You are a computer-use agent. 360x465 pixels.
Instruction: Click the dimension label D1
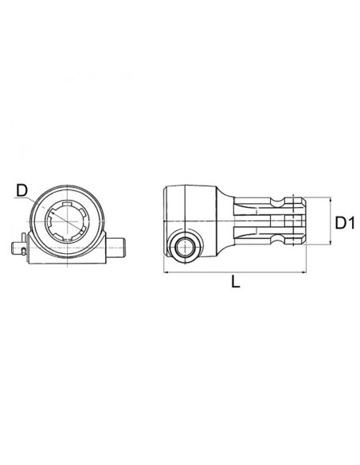point(343,224)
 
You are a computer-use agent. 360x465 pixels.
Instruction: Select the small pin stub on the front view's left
point(20,247)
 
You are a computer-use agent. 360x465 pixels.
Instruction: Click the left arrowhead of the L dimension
point(166,272)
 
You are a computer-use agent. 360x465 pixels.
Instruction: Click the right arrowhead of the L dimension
point(305,272)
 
